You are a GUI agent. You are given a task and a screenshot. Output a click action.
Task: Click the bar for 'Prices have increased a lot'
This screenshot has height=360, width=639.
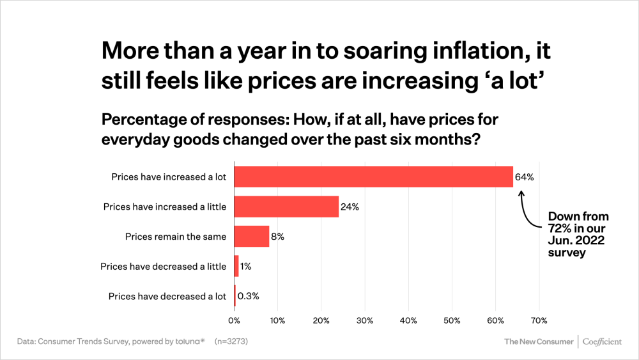pos(373,177)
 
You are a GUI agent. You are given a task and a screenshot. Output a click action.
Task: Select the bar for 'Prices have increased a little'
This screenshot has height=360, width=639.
pos(286,207)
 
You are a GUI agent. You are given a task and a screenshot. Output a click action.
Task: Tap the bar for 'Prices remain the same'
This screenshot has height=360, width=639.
pos(252,237)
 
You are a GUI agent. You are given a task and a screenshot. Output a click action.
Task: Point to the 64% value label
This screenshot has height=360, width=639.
pos(524,177)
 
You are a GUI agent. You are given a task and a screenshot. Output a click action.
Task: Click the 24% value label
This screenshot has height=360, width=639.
pos(350,207)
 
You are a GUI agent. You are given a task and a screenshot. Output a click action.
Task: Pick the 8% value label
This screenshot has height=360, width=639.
pos(277,237)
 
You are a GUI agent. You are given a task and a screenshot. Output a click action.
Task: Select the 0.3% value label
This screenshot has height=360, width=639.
pos(248,296)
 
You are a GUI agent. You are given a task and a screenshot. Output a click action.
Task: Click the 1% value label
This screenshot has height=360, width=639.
pos(245,266)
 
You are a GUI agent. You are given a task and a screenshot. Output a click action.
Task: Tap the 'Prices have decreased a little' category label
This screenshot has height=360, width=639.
pos(163,266)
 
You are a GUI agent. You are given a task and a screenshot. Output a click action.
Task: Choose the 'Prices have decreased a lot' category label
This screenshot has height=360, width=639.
pos(167,296)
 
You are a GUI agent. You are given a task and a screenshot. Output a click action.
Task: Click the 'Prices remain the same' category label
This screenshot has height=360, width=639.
pos(176,237)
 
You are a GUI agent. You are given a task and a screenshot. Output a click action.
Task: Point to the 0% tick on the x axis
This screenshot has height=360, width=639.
pos(234,320)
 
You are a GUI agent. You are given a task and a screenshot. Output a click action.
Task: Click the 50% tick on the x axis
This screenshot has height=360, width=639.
pos(452,320)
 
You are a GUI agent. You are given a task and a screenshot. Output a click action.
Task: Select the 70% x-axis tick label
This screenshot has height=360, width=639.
pos(539,320)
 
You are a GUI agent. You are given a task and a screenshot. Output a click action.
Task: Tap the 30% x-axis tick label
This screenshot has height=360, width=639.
pos(365,320)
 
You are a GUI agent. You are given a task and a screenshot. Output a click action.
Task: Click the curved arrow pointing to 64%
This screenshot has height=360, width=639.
pos(527,211)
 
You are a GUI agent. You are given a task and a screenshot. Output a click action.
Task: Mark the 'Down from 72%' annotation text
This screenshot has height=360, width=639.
pos(578,235)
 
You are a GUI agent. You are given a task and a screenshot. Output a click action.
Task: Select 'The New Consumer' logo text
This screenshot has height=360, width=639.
pos(539,341)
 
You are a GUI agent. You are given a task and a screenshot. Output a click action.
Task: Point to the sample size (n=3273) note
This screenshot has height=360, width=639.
pos(231,341)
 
